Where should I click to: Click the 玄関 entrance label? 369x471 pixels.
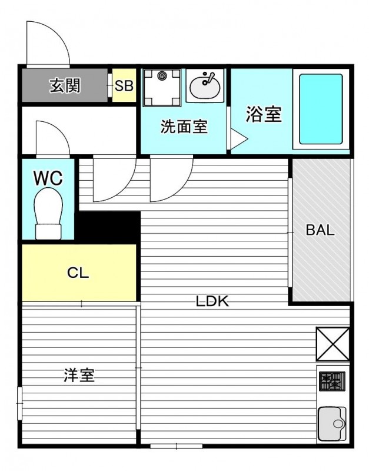tap(65, 85)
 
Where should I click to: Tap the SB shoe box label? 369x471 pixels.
tap(124, 86)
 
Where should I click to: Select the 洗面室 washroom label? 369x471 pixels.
tap(184, 127)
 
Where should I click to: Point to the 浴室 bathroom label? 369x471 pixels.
tap(264, 114)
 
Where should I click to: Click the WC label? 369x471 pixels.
tap(48, 178)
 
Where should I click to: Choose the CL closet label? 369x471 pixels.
tap(78, 273)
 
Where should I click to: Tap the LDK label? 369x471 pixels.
tap(212, 301)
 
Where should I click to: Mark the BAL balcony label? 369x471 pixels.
tap(320, 230)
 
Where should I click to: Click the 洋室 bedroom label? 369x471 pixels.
tap(79, 375)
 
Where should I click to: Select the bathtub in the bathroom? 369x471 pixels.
tap(321, 109)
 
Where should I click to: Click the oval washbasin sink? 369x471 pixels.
tap(204, 87)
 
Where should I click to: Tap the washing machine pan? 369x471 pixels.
tap(162, 87)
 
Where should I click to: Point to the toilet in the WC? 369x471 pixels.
tap(48, 214)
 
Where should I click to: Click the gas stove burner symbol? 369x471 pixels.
tap(332, 381)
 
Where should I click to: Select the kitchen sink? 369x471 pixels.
tap(332, 423)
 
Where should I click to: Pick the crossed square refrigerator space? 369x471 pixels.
tap(333, 344)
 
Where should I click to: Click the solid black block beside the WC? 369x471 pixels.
tap(108, 227)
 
